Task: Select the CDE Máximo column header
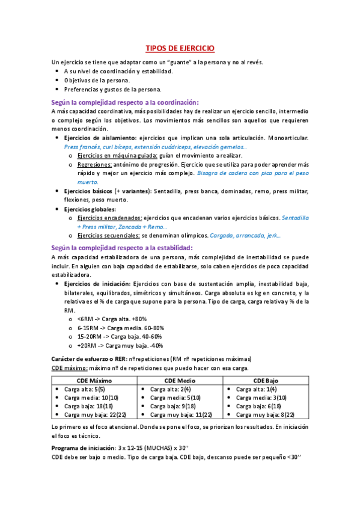pos(94,381)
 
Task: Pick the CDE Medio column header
pos(180,381)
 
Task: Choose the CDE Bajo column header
pos(265,381)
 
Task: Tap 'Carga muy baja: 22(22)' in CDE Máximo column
pos(95,414)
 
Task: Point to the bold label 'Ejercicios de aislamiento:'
pos(100,138)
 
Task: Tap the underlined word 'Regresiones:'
pos(94,164)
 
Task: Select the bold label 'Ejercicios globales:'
pos(90,208)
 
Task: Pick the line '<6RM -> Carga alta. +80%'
pos(112,319)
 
